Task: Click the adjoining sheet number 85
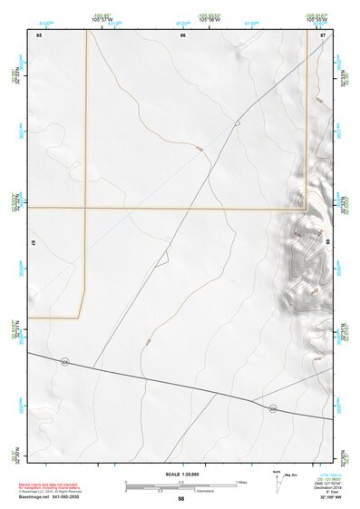39,34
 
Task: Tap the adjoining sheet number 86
182,34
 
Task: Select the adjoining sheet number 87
323,34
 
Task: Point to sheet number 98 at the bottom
181,499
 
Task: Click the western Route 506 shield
64,362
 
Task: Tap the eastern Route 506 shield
272,409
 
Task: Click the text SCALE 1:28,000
180,475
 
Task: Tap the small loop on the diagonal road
237,123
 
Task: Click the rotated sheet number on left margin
34,244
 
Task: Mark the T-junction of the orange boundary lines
86,208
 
